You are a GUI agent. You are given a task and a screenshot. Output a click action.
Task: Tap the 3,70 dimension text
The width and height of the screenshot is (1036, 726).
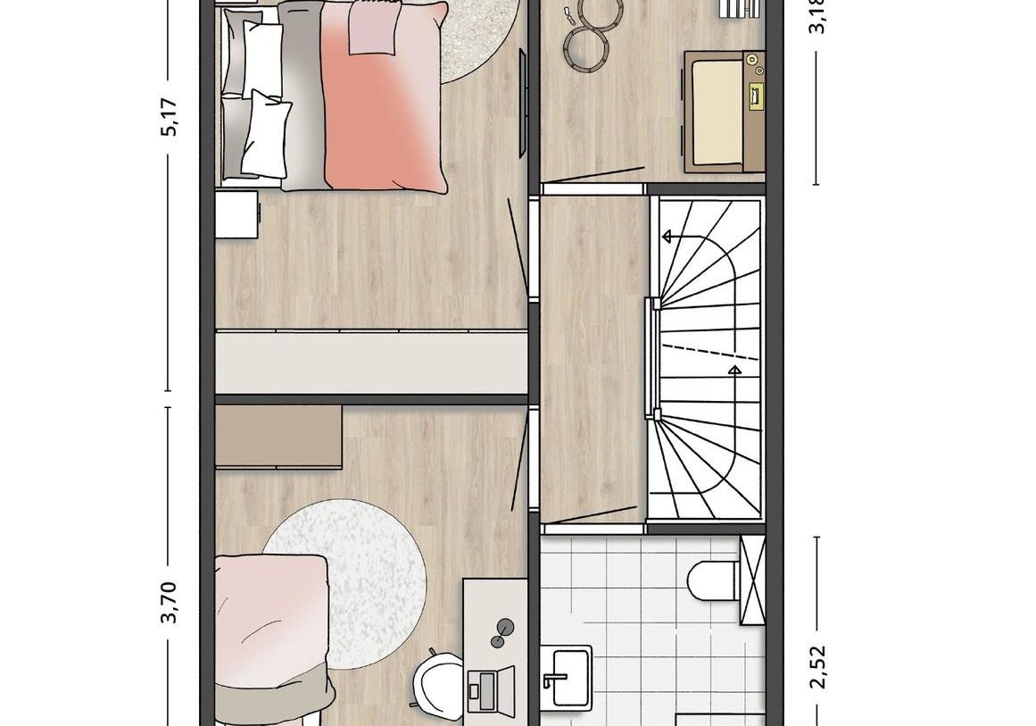(x=170, y=602)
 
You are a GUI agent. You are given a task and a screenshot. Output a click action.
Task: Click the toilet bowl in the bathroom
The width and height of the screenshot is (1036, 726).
(x=710, y=581)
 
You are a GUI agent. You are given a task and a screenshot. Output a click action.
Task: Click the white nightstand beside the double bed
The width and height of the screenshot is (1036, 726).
(x=236, y=215)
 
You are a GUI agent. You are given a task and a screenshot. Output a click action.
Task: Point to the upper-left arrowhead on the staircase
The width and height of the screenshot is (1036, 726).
(x=666, y=238)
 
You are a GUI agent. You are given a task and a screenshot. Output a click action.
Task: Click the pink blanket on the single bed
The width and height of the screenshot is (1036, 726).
(x=268, y=616)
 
